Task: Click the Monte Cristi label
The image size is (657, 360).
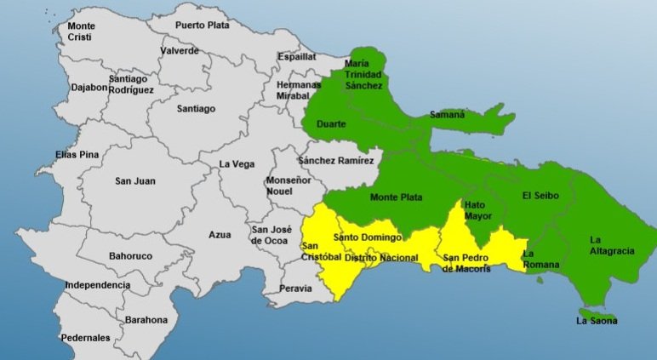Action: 81,31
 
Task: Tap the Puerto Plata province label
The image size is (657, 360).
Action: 203,26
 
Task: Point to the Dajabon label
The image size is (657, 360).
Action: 89,87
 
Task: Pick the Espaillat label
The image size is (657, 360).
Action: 296,57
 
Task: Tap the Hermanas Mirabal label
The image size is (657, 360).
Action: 299,91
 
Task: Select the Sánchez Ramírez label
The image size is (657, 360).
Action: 336,160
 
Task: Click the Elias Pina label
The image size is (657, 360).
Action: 77,155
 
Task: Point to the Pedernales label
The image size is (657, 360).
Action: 85,338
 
